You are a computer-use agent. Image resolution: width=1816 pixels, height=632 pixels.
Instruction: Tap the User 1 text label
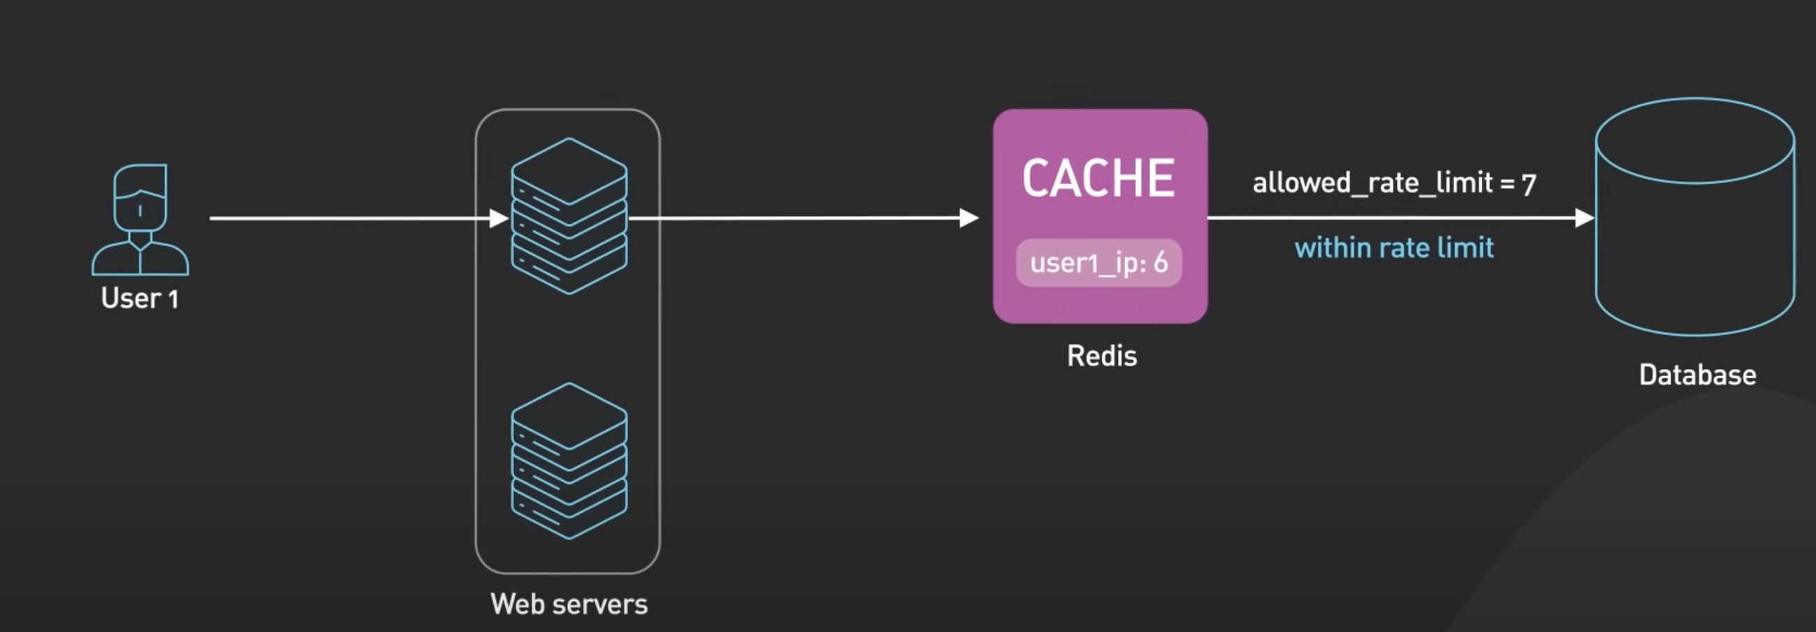(140, 298)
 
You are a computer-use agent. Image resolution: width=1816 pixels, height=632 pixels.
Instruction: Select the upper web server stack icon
(569, 215)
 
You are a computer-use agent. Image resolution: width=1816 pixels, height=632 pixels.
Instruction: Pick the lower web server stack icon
(569, 461)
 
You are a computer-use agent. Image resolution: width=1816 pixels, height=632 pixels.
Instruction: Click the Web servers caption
(569, 604)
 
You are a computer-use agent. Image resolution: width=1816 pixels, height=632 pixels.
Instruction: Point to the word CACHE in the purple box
(1098, 178)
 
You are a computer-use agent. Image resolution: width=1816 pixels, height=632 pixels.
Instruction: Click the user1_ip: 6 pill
(1098, 263)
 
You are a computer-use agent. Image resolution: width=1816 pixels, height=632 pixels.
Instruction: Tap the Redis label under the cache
(1102, 356)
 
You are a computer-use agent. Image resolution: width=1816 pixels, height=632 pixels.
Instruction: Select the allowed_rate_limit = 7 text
(1393, 183)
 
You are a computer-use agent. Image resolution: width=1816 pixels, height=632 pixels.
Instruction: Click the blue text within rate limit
(1393, 248)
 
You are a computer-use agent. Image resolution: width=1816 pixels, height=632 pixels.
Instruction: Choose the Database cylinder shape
(1695, 218)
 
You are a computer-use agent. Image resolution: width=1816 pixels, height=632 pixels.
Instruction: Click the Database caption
(1697, 375)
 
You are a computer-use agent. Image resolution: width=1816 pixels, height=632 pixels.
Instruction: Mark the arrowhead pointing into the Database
(1584, 218)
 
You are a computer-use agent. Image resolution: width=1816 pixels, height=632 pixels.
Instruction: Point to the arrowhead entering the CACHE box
(970, 218)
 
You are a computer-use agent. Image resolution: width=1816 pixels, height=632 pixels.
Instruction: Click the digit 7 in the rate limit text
(1528, 185)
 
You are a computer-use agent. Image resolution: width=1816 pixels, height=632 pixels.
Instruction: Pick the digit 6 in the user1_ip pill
(1161, 262)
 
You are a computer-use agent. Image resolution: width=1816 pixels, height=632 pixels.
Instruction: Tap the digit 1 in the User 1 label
(173, 299)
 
